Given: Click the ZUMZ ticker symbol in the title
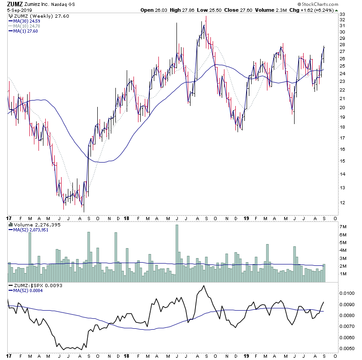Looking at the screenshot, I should pyautogui.click(x=15, y=4).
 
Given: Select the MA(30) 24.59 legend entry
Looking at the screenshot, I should pyautogui.click(x=26, y=21).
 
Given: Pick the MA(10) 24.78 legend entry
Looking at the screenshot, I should pyautogui.click(x=26, y=26).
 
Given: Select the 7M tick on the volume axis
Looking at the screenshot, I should pyautogui.click(x=343, y=226).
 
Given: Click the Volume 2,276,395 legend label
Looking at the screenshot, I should pyautogui.click(x=30, y=224).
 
